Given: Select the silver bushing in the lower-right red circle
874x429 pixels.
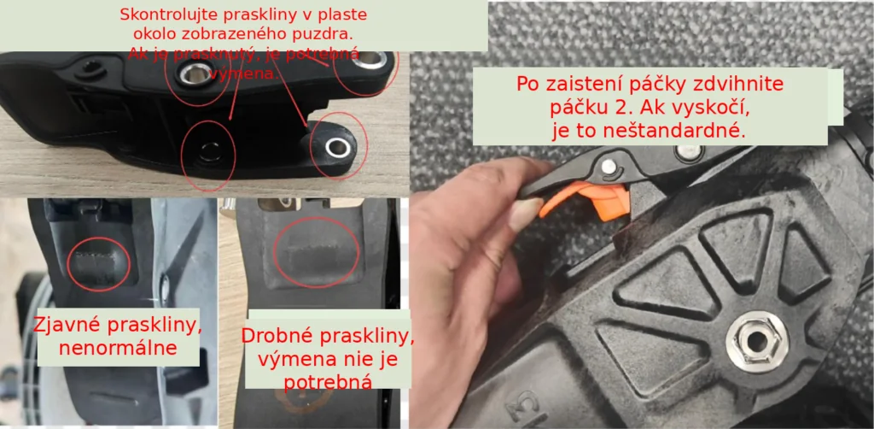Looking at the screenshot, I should (x=336, y=148).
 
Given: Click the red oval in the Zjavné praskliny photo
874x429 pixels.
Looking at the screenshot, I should (x=98, y=262).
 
